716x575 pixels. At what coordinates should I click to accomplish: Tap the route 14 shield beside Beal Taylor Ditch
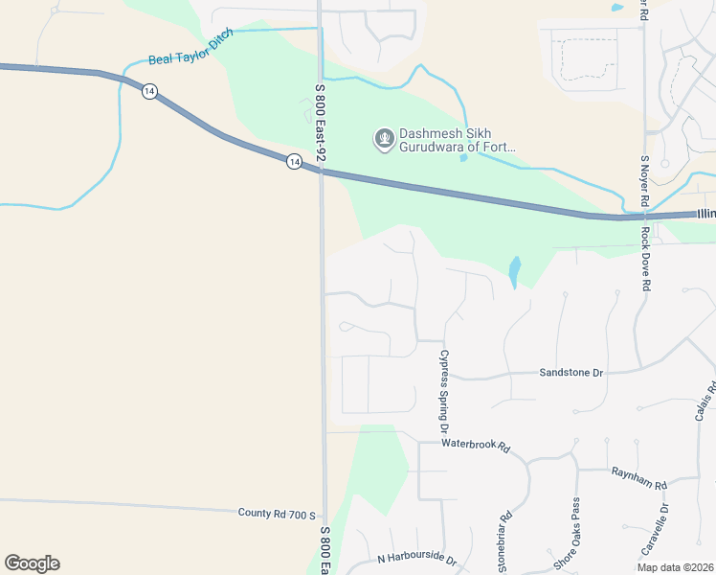click(149, 91)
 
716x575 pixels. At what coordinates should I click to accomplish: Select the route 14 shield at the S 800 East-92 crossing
click(294, 163)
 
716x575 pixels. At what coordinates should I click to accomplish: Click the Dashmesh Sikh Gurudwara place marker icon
click(384, 140)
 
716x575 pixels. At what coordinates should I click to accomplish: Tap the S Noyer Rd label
click(645, 183)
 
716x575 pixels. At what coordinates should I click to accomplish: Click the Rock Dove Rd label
click(646, 259)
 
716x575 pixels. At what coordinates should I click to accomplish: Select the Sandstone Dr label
click(571, 372)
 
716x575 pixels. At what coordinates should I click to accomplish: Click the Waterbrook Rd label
click(476, 446)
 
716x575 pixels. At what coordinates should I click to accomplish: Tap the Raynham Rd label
click(639, 477)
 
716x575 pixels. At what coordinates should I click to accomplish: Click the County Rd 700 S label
click(277, 514)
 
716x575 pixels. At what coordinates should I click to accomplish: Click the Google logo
click(32, 563)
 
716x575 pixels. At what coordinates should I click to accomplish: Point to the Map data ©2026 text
click(675, 567)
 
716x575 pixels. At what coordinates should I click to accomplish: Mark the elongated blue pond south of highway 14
click(515, 272)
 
